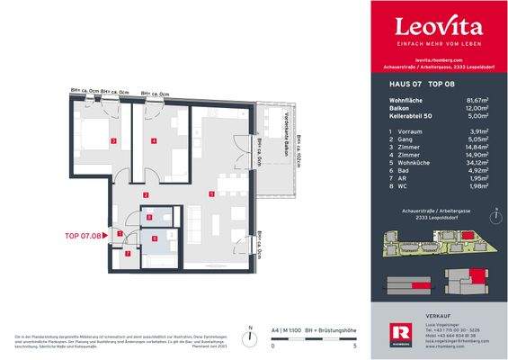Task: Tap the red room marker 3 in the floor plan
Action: click(x=112, y=141)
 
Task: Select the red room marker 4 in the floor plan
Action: click(x=154, y=141)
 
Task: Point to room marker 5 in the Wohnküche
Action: click(x=210, y=193)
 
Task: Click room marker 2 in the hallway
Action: click(x=146, y=195)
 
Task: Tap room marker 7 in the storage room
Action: click(x=128, y=254)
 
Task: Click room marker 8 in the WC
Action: click(x=149, y=218)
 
